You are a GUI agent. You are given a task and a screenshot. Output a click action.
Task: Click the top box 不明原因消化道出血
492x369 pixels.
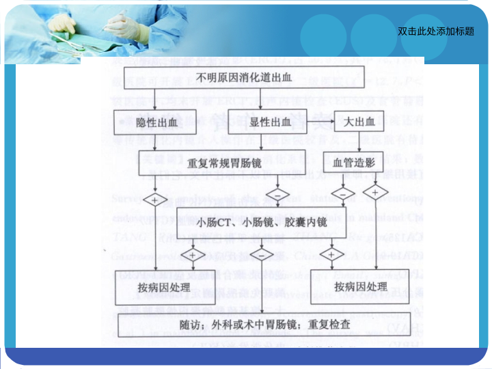click(x=244, y=77)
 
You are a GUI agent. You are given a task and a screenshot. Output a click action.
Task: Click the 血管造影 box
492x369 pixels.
click(x=353, y=164)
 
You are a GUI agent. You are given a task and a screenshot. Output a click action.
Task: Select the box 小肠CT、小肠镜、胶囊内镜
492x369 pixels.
click(x=262, y=223)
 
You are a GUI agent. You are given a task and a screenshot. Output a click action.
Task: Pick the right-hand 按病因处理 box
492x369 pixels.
click(x=361, y=286)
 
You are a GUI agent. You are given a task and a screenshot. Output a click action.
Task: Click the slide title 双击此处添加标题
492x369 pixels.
click(x=435, y=31)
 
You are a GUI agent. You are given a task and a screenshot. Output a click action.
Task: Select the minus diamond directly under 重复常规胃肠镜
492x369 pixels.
click(x=277, y=195)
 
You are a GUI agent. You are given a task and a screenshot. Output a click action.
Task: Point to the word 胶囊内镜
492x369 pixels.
click(x=307, y=223)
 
